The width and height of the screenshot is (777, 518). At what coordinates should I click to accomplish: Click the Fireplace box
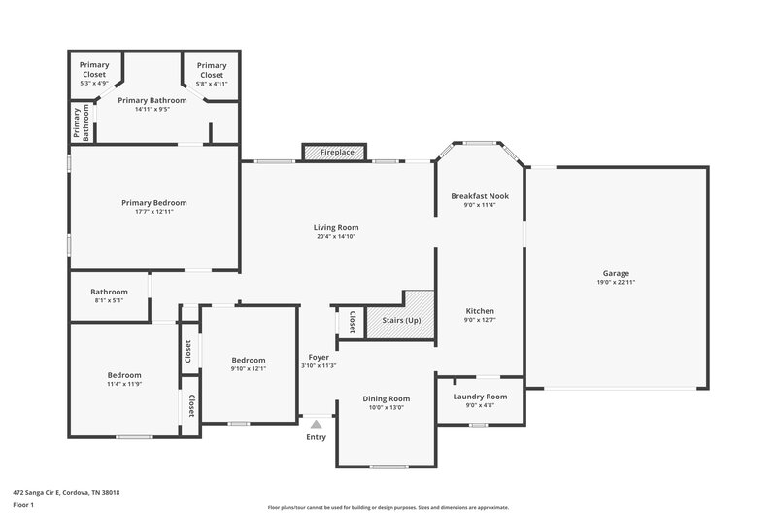point(334,153)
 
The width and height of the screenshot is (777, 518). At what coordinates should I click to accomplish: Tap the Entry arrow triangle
point(316,424)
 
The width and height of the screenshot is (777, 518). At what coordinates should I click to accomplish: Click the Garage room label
point(616,274)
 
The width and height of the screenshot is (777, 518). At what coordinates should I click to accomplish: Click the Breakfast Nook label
point(480,196)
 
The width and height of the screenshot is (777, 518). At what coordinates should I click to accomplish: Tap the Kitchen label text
point(480,311)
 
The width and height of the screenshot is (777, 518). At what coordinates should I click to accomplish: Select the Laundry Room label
point(480,397)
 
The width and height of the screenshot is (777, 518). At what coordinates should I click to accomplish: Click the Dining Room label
point(386,398)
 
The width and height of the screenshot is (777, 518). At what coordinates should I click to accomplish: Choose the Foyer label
point(319,357)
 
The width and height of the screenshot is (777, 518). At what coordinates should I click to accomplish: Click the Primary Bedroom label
point(153,203)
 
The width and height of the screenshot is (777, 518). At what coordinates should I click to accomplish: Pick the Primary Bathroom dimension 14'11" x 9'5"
point(152,109)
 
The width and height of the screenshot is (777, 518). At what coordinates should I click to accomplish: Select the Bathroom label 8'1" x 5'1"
point(109,292)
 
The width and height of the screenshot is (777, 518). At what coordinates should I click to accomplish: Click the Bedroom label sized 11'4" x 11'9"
point(124,375)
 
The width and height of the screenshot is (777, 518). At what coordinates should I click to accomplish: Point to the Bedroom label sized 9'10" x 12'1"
point(248,361)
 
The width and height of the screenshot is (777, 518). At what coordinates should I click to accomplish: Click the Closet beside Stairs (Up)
point(352,321)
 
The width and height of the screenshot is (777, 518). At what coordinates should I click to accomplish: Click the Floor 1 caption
point(23,506)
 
